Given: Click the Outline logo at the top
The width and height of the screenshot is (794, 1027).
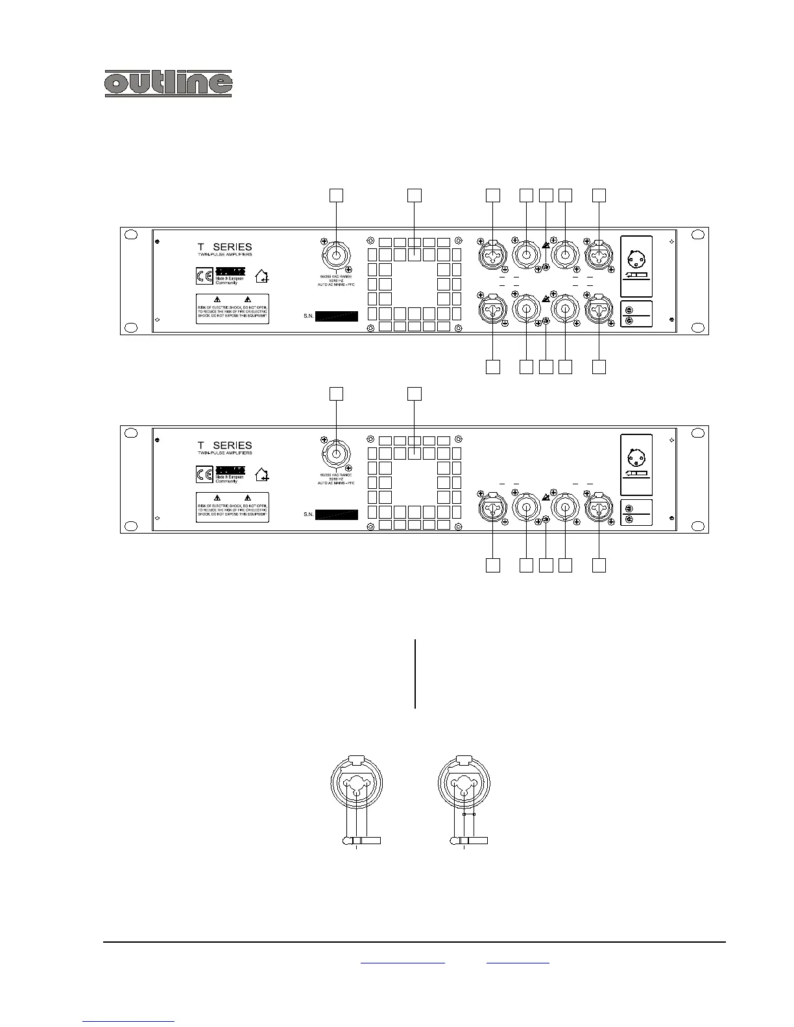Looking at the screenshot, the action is click(x=169, y=84).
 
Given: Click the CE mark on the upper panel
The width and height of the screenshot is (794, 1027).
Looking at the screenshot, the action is click(x=204, y=276).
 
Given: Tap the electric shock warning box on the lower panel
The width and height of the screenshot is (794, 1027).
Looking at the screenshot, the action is click(x=232, y=506).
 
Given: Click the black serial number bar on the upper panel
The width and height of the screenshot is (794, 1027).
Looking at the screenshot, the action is click(x=331, y=316).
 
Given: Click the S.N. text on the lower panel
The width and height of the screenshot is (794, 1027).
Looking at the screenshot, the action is click(x=308, y=515).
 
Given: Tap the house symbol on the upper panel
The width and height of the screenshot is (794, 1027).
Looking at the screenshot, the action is click(x=262, y=277).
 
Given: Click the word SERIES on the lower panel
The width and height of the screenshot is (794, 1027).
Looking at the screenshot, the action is click(x=232, y=445).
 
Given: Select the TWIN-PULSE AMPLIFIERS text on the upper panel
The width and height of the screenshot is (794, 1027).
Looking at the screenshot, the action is click(x=225, y=255).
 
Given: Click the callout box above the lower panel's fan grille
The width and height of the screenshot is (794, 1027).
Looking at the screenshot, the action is click(x=415, y=393).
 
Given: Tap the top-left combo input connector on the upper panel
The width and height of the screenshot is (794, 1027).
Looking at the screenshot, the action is click(x=493, y=256).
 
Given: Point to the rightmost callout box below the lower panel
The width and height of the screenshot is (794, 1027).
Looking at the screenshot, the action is click(x=599, y=565).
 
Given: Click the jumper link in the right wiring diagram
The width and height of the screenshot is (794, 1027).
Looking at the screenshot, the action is click(x=469, y=814).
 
